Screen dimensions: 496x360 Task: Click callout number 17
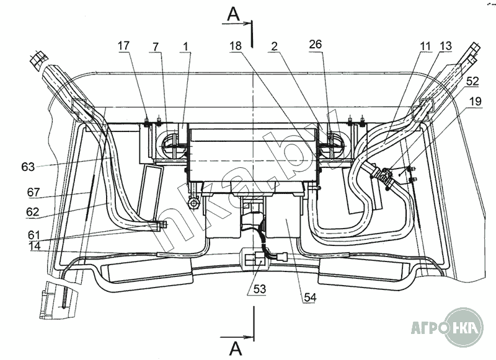pyautogui.click(x=123, y=46)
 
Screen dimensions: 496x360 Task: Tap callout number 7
pyautogui.click(x=155, y=46)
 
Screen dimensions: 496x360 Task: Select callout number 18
pyautogui.click(x=236, y=46)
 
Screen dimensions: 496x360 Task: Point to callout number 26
pyautogui.click(x=315, y=44)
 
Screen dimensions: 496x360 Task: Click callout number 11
pyautogui.click(x=426, y=46)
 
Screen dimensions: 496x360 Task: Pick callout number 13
pyautogui.click(x=445, y=46)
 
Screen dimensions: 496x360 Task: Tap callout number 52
pyautogui.click(x=472, y=81)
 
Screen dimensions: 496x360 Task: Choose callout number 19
pyautogui.click(x=475, y=102)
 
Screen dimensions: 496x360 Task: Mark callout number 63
pyautogui.click(x=28, y=167)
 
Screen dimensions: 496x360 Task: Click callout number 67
pyautogui.click(x=33, y=192)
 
